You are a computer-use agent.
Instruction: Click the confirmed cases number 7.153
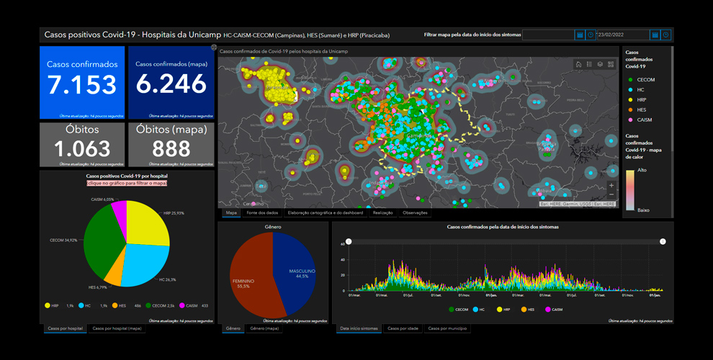click(81, 84)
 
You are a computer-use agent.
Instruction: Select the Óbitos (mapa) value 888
click(171, 148)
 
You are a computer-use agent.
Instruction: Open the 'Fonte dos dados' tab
click(261, 213)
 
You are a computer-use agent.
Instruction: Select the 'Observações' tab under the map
click(414, 213)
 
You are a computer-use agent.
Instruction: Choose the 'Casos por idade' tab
click(402, 329)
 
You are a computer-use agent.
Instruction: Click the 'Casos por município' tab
click(447, 329)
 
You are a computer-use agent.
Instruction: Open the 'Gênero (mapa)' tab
click(265, 329)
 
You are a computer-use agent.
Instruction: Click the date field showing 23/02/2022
click(622, 35)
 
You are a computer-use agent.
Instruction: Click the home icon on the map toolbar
click(578, 64)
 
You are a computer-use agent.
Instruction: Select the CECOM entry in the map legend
click(645, 80)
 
